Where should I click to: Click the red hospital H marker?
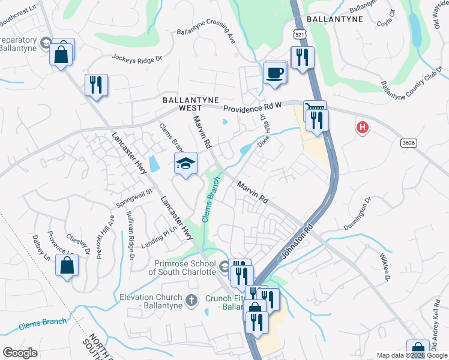click(362, 127)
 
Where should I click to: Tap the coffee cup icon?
click(275, 73)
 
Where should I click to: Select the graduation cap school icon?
click(186, 163)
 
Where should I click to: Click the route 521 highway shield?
click(299, 34)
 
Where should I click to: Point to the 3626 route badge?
click(409, 143)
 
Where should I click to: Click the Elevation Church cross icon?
click(191, 299)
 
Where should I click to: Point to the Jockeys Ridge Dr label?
click(137, 58)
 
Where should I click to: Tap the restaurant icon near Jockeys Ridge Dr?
click(96, 85)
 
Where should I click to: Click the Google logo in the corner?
click(20, 353)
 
